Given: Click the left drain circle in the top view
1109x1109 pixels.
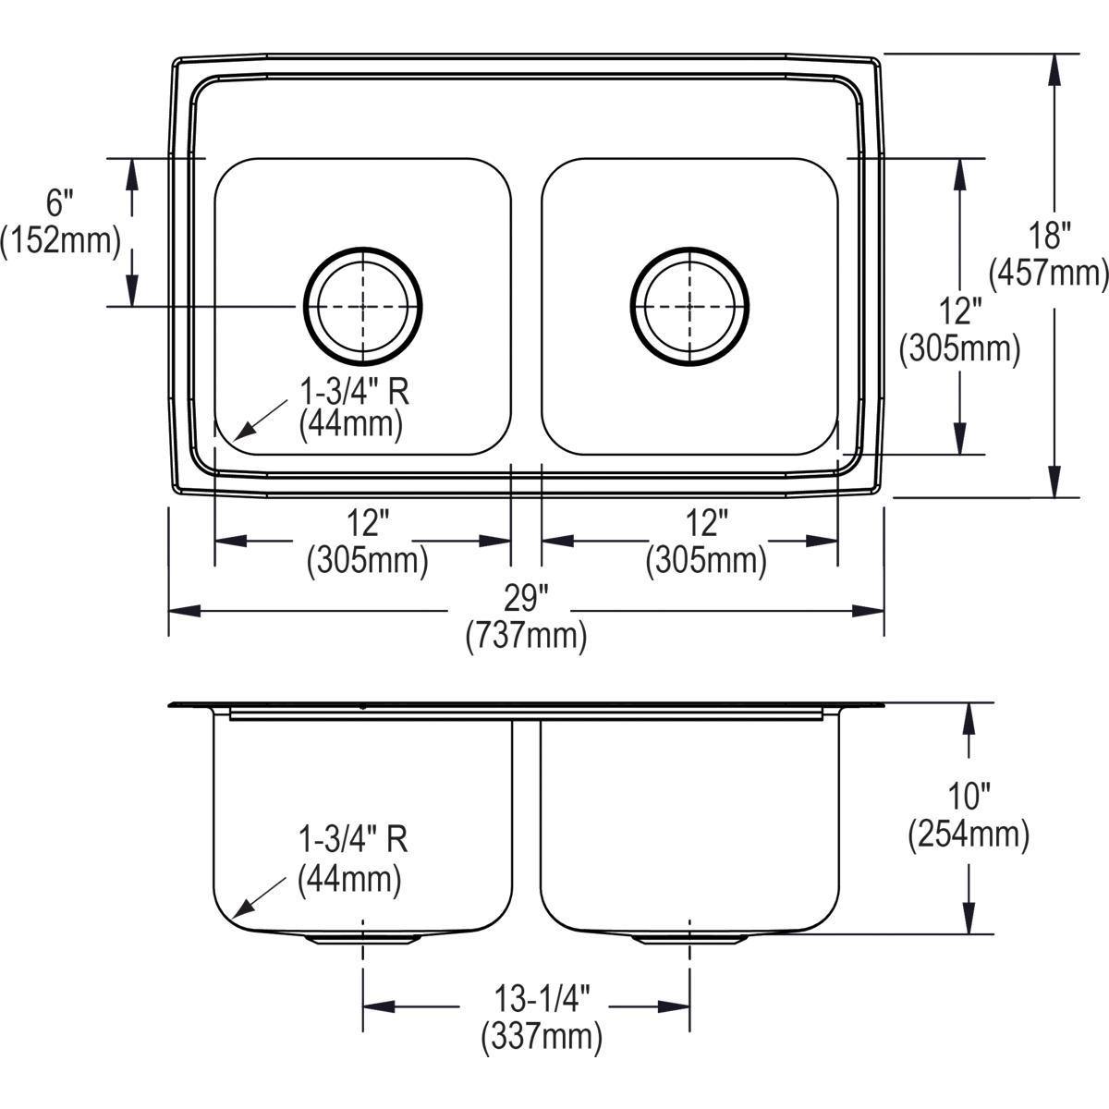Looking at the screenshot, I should pos(362,305).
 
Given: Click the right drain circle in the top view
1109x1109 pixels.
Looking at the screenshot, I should pos(689,305).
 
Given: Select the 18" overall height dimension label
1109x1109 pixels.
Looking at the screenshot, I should pos(1048,236).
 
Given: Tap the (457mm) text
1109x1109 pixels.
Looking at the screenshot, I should pos(1048,274).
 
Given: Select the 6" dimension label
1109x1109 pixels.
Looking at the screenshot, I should pos(59,202).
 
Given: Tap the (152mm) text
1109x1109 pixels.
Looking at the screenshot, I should pos(61,240).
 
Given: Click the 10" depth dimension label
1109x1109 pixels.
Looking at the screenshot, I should pos(968,796).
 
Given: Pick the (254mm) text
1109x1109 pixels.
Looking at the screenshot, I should pos(968,834).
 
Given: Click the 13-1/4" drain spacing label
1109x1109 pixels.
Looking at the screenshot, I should pos(541,998).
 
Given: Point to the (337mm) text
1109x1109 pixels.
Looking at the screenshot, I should pos(541,1036).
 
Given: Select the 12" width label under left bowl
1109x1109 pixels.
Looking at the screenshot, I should pos(367,523).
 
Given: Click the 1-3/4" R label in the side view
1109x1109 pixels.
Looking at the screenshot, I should pos(352,840).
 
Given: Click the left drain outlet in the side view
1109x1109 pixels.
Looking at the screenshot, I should pos(362,939).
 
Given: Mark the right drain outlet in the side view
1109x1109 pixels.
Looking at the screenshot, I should pos(689,939).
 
